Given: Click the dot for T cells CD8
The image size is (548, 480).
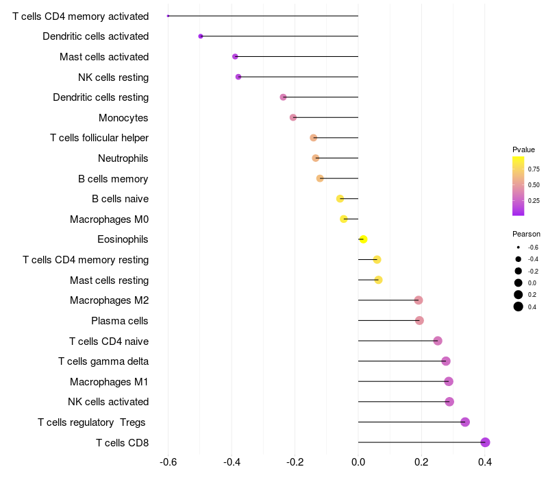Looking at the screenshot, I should [485, 442].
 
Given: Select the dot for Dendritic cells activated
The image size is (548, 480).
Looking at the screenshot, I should [201, 36].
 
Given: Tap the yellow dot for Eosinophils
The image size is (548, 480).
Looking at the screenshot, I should [363, 239].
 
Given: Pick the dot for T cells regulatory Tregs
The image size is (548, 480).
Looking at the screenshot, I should [465, 422].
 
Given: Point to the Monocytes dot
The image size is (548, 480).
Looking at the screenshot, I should [293, 117].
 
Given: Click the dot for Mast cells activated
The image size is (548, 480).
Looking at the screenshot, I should [235, 56].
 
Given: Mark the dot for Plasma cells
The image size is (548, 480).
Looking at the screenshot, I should [419, 320].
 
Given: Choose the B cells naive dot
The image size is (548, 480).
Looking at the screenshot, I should [340, 199].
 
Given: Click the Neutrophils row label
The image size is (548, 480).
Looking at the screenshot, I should [123, 158].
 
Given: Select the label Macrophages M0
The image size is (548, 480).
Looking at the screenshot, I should [110, 219].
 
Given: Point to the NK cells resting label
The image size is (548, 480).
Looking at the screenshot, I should [113, 77].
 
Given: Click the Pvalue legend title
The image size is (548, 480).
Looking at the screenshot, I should [523, 149].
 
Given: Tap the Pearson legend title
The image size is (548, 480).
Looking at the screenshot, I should [526, 234].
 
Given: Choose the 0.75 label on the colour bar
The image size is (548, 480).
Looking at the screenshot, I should [534, 169].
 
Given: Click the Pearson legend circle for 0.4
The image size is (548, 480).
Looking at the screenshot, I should [519, 307].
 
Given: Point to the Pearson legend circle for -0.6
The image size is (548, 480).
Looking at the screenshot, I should [519, 247].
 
